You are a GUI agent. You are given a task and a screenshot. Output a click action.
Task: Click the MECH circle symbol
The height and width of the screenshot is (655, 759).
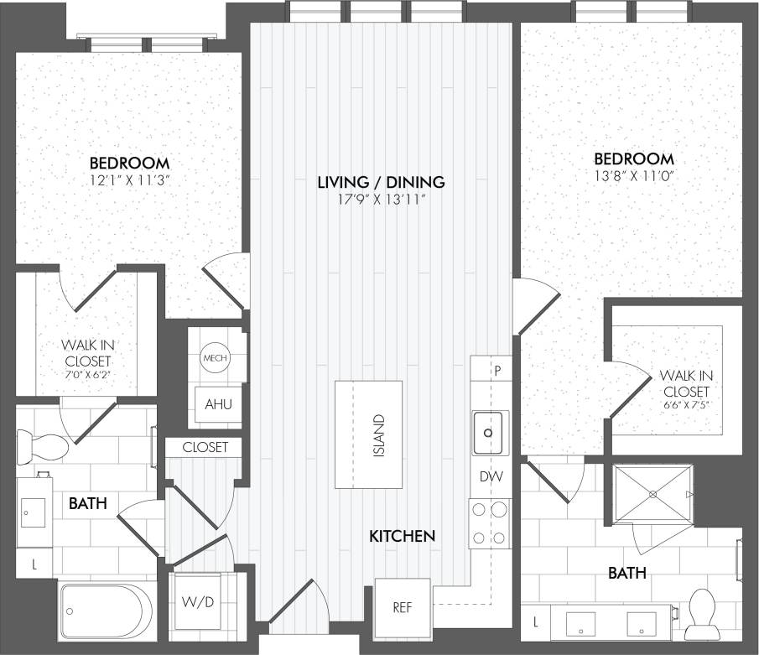click(215, 358)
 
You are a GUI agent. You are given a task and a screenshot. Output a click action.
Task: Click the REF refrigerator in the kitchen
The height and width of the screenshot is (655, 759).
click(403, 607)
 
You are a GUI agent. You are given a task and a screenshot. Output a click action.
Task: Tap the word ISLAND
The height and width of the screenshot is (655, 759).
click(379, 434)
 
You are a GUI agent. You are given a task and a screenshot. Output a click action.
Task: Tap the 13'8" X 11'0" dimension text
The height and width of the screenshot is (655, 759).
click(633, 176)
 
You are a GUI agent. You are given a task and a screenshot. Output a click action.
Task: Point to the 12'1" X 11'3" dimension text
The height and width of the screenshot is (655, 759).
click(129, 180)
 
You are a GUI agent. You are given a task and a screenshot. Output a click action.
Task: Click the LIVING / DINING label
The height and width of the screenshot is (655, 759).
click(381, 181)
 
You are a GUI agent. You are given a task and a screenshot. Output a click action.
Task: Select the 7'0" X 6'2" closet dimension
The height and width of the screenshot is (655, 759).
click(86, 375)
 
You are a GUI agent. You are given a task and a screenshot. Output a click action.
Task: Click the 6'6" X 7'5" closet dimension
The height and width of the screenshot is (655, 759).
click(686, 407)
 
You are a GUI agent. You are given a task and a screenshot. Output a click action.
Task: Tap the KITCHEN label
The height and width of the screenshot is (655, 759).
click(403, 535)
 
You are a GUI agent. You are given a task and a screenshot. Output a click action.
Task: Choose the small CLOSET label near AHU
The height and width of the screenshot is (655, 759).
click(205, 447)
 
